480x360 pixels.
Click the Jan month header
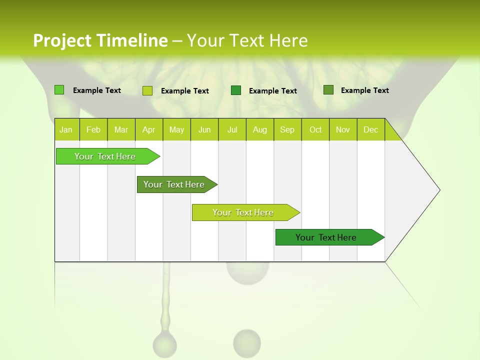click(66, 130)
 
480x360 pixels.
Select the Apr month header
click(148, 130)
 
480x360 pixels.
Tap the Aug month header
click(259, 130)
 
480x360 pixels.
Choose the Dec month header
click(370, 130)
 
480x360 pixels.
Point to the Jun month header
click(204, 130)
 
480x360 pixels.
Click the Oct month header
click(315, 130)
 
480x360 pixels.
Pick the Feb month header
click(93, 130)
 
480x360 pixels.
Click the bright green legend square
click(59, 90)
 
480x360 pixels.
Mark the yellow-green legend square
click(147, 90)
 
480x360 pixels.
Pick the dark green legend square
click(236, 90)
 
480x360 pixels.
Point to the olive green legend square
click(328, 90)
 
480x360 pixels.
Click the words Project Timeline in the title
click(100, 40)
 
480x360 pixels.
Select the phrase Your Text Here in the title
click(247, 40)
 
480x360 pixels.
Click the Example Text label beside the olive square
click(364, 90)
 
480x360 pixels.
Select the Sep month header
click(287, 130)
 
